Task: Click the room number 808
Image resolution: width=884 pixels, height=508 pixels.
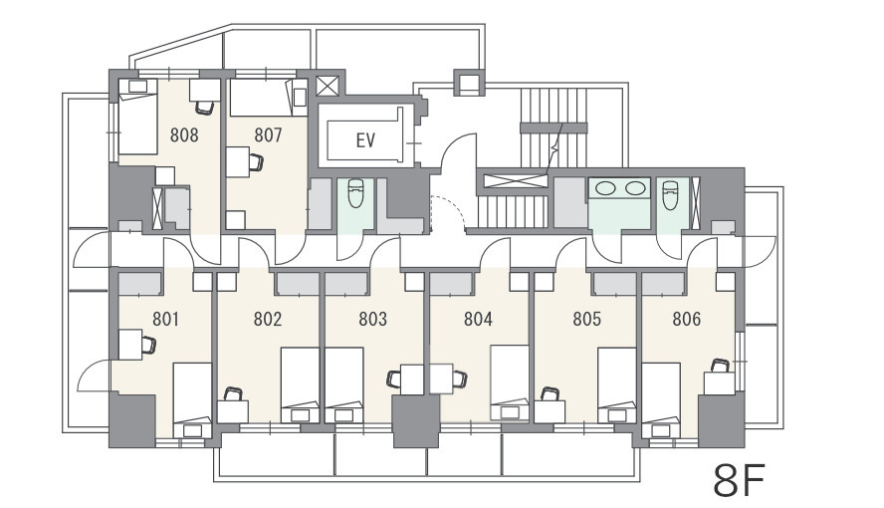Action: pos(184,135)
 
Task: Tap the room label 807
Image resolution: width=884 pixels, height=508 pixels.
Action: pos(268,135)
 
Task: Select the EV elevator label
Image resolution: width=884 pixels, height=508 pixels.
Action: pos(365,139)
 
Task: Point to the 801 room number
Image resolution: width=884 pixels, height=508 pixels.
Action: pos(165,320)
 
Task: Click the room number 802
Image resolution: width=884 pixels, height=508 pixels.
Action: pos(267,320)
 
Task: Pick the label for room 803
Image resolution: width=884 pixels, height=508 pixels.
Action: pos(372,320)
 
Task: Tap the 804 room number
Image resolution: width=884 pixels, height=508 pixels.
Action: pos(478,320)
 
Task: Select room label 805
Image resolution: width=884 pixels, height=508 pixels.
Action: pos(587,320)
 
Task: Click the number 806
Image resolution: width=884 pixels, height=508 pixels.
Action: pos(687,320)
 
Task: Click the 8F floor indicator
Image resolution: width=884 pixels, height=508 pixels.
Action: pos(739,480)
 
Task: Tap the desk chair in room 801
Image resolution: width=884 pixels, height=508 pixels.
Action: pos(149,345)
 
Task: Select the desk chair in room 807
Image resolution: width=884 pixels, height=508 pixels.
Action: pos(256,162)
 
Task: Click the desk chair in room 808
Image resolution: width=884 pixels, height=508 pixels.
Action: pos(205,108)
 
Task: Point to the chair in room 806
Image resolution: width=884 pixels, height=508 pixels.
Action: pos(720,366)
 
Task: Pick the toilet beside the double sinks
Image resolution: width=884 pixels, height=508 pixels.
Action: pos(669,194)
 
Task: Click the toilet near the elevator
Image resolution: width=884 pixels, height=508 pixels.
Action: pos(355,193)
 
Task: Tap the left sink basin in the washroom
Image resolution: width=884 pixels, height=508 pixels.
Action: pos(605,187)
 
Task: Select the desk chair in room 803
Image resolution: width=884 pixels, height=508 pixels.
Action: pos(394,380)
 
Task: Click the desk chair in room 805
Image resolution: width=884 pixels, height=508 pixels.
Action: pos(549,393)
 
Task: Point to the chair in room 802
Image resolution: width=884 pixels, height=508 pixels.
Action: pos(232,393)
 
